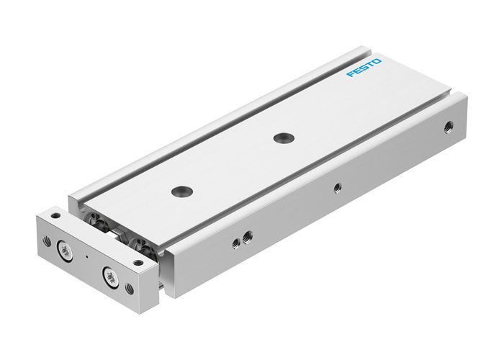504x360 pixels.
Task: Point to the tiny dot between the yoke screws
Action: coord(86,257)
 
